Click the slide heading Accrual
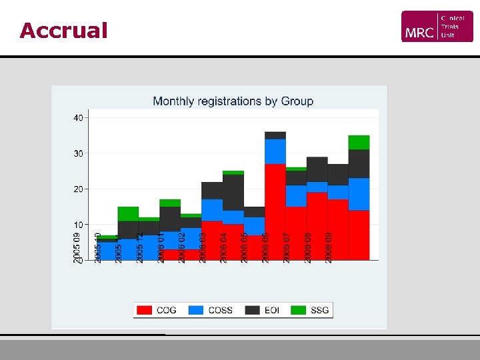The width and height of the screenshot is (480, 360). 63,31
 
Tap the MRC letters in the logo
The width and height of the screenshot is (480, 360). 419,31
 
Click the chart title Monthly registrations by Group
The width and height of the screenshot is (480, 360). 233,101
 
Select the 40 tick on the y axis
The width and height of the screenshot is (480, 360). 78,118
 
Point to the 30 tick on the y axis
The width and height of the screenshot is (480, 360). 78,153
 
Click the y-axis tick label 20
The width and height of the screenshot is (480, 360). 78,189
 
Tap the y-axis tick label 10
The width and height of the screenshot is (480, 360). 78,225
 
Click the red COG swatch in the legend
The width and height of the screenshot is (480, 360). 144,310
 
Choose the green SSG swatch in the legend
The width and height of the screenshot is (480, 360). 299,310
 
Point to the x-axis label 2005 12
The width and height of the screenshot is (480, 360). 140,247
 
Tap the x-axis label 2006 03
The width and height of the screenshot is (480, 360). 203,247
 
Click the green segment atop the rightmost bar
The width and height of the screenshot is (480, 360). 359,142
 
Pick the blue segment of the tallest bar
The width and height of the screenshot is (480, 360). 275,151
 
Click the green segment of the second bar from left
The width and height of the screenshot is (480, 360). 128,213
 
